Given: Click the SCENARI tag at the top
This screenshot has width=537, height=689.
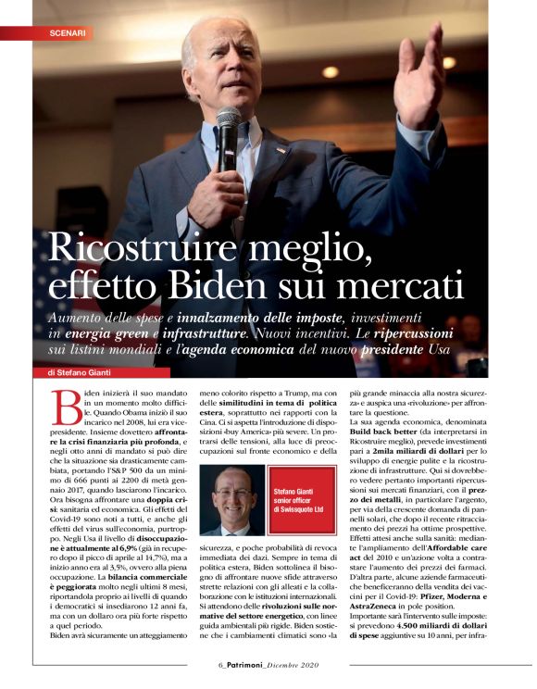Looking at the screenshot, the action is tap(68, 32).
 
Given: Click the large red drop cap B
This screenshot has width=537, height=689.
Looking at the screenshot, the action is tap(66, 407).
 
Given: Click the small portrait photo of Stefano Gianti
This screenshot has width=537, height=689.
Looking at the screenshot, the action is tap(231, 500).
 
